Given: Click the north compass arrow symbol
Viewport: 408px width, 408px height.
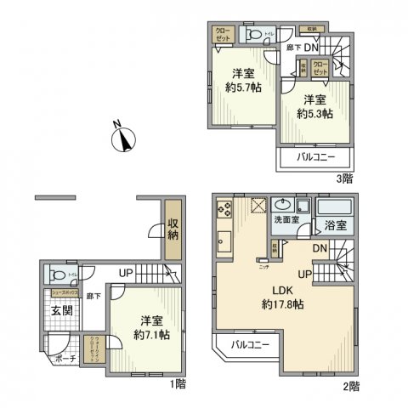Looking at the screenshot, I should click(125, 139).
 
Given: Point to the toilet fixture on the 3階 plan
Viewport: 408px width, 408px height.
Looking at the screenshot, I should click(254, 35).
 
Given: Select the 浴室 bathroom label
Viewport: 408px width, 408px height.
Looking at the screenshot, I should click(335, 226).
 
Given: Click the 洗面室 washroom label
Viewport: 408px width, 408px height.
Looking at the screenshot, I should click(286, 220).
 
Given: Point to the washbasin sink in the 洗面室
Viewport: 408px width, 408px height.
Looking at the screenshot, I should click(281, 204).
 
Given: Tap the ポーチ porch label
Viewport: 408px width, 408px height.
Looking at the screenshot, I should click(67, 359).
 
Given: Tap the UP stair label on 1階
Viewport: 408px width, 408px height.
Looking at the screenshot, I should click(125, 274).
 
